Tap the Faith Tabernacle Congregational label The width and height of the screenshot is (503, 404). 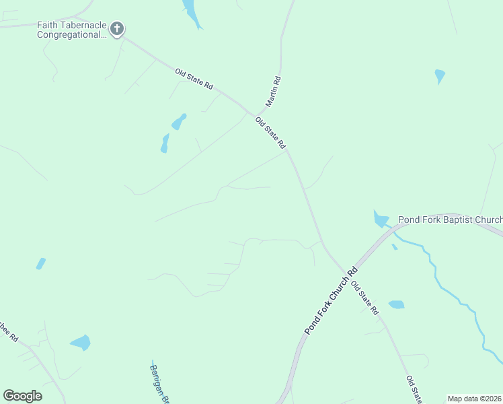point(72,30)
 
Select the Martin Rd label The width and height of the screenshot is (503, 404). point(273,92)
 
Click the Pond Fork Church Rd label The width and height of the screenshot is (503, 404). point(331,302)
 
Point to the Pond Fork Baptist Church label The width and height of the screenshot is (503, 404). point(450,220)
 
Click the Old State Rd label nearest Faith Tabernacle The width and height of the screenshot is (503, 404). point(194,79)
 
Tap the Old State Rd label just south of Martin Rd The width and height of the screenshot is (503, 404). point(271,133)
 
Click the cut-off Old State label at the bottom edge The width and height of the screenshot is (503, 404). point(414,389)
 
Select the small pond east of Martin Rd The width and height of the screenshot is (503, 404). point(440,75)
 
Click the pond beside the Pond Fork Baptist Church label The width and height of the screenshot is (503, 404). point(381,219)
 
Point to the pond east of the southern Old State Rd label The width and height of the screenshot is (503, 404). point(397,304)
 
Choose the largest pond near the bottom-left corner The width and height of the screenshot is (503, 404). point(80,343)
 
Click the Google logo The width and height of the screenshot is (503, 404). point(22,396)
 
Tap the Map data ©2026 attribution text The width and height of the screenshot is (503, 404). point(474,399)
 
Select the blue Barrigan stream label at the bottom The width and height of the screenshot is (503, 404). point(158,384)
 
